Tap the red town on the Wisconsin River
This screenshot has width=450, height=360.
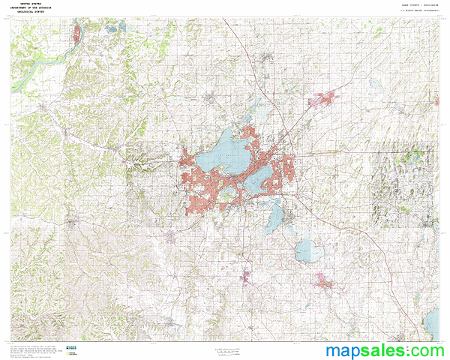click(77, 33)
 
